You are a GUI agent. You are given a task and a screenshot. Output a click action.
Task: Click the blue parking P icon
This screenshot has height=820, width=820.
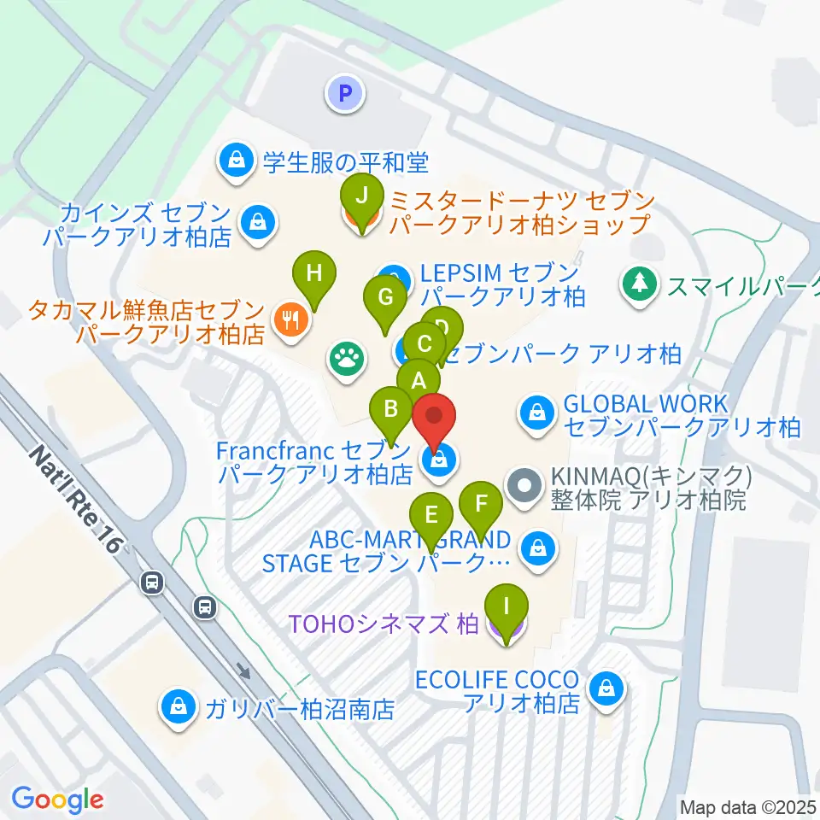point(346,93)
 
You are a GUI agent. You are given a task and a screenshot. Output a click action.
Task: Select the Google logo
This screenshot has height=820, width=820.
point(57,799)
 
